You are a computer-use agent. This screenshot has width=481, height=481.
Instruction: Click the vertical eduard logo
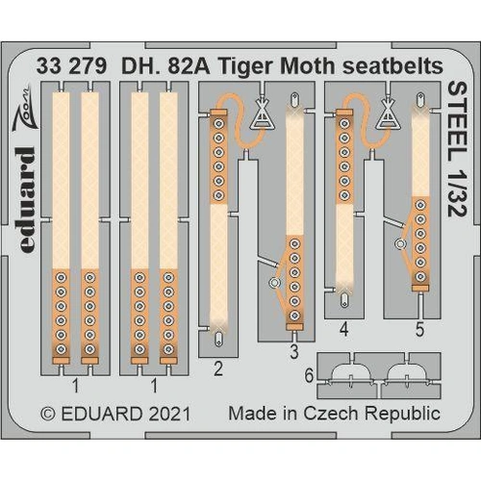tap(26, 199)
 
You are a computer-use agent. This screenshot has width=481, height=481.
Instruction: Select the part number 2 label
tap(220, 367)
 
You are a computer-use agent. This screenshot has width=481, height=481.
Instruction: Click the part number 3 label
tap(293, 352)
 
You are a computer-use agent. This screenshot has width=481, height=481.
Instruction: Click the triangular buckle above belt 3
tap(261, 118)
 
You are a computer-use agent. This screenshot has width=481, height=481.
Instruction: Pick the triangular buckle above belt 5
tap(388, 116)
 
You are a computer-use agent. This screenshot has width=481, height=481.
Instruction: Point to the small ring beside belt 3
tap(274, 283)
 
